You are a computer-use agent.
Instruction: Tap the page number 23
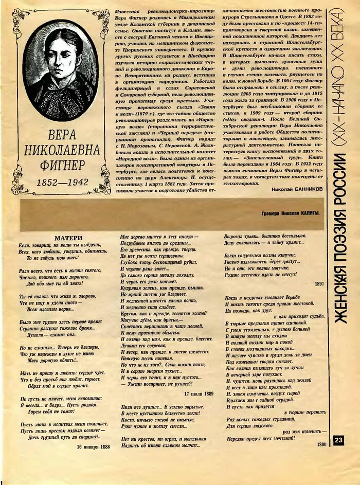point(338,440)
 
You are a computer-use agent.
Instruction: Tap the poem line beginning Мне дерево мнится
point(159,236)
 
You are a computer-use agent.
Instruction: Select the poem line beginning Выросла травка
point(265,236)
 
